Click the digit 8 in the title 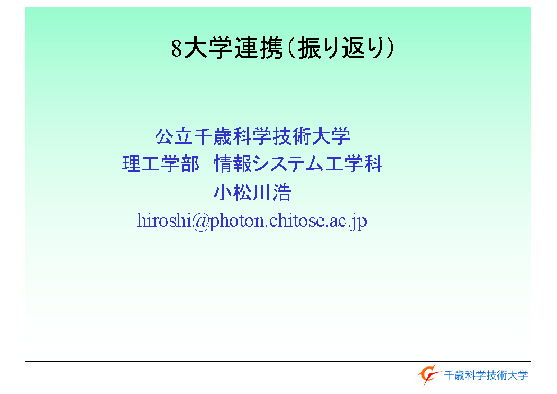(x=177, y=48)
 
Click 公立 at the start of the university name (x=174, y=136)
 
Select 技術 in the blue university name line (x=291, y=136)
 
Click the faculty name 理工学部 (x=161, y=164)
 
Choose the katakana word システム (x=288, y=164)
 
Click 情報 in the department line (x=233, y=164)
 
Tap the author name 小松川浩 (x=252, y=193)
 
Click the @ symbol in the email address (x=200, y=221)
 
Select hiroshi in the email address (x=164, y=221)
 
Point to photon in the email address (x=236, y=222)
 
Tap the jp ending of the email (x=358, y=222)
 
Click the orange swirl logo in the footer (x=429, y=374)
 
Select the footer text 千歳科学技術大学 (x=486, y=375)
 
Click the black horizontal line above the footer (x=278, y=361)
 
